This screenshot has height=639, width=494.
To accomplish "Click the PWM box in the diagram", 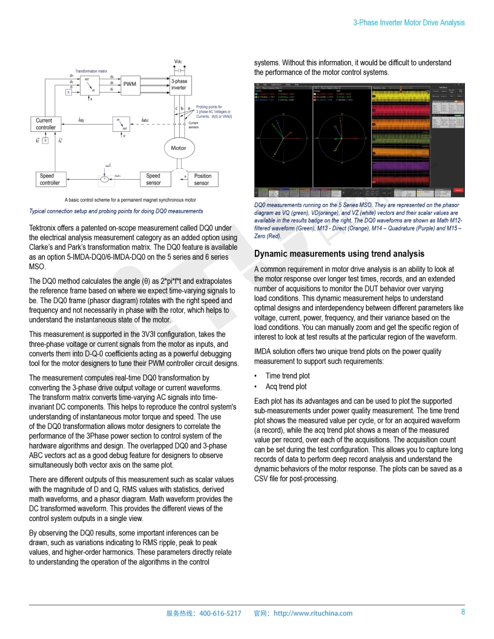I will [130, 84].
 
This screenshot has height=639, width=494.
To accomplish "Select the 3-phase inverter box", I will [179, 84].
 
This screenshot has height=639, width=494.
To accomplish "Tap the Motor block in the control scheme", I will [179, 148].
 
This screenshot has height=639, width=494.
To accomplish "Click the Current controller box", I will [46, 124].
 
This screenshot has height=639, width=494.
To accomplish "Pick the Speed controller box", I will [50, 179].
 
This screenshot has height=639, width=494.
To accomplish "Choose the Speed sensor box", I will [154, 179].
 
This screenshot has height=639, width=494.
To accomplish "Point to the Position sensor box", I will [202, 179].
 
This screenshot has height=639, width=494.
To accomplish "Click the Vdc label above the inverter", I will [178, 62].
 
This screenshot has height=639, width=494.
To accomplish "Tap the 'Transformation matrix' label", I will [91, 71].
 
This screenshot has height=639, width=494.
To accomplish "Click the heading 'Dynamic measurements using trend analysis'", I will [339, 254].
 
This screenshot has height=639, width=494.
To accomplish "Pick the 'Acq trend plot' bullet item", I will [286, 387].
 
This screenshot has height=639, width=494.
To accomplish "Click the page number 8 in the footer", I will [463, 612].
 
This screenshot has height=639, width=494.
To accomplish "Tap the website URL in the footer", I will [313, 613].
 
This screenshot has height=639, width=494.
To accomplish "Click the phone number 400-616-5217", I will [220, 613].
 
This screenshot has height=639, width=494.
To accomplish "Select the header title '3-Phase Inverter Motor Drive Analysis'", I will [409, 22].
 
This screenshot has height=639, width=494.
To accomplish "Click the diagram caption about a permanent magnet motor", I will [130, 200].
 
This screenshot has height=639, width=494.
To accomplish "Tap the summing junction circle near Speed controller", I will [104, 179].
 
